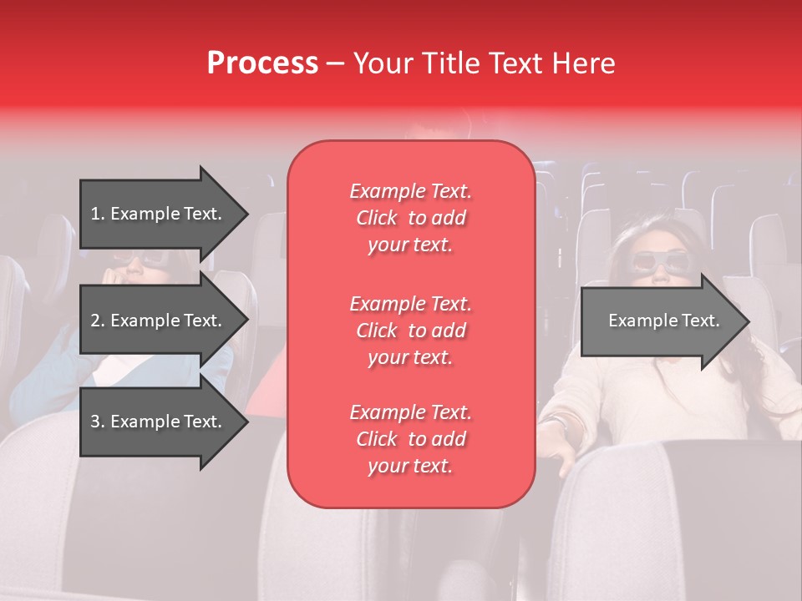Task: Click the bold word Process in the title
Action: point(262,63)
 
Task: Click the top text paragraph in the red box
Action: point(410,218)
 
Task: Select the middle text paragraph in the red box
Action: point(410,331)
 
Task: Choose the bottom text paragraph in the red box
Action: point(410,439)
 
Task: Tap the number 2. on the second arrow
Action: point(98,321)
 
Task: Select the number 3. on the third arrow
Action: point(98,422)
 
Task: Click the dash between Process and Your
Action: point(335,64)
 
